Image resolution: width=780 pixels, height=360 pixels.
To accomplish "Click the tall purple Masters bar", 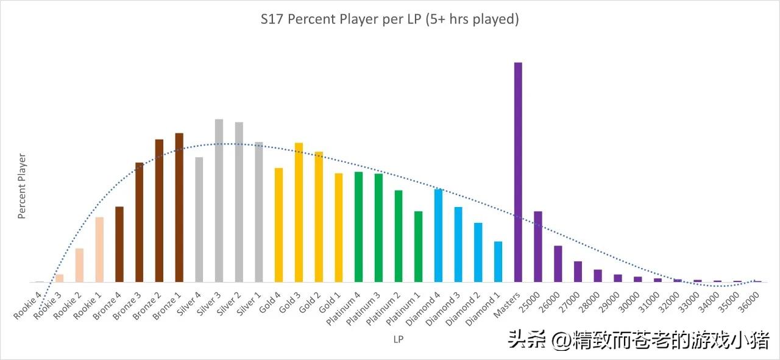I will click(518, 172).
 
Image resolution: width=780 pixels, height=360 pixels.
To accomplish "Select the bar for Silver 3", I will click(219, 201).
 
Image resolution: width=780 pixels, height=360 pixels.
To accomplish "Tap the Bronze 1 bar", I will click(179, 208).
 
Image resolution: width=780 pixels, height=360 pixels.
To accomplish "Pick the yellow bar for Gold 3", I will click(299, 213).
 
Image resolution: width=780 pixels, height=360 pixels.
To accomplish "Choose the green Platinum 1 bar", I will click(419, 247).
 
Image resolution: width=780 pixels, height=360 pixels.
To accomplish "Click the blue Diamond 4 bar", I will click(438, 236).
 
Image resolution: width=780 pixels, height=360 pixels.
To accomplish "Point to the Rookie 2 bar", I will click(79, 266).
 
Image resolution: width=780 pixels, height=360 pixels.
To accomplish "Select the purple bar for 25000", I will click(538, 247).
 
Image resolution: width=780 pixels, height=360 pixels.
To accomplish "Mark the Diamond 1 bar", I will click(498, 262).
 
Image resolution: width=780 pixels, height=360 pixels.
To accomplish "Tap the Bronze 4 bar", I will click(119, 244).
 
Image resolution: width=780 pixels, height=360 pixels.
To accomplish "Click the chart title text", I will click(389, 19).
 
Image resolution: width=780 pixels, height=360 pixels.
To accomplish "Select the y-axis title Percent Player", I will click(22, 186).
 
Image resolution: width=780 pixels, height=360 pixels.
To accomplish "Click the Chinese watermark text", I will click(639, 340).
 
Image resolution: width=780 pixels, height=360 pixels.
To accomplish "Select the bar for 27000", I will click(578, 272).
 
